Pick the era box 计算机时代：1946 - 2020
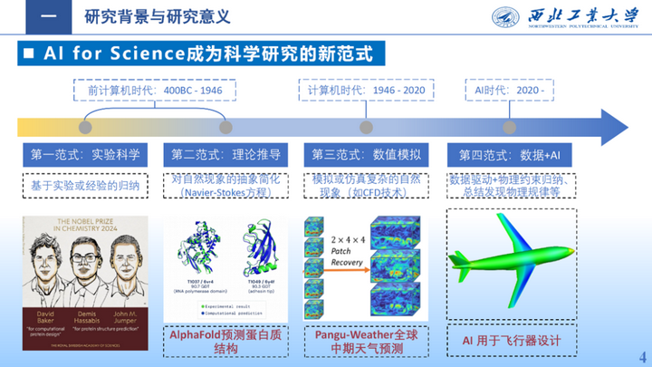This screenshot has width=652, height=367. click(x=364, y=92)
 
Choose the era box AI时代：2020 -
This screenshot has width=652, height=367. click(x=510, y=92)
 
